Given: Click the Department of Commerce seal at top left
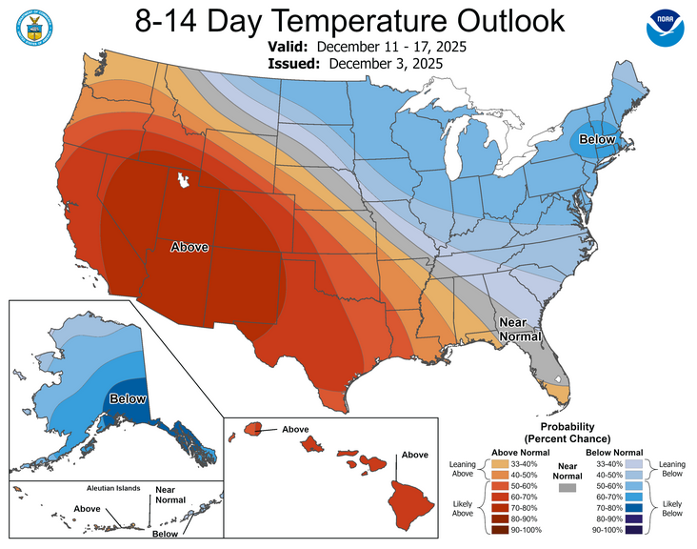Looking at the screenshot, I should pos(33,29).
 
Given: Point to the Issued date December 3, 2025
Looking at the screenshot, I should pos(386,63).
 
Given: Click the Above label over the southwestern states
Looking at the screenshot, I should pos(189,247).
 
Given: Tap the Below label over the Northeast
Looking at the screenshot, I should pos(599,140).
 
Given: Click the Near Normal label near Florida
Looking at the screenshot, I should pos(520,329).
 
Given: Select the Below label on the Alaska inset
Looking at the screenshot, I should pos(126,398).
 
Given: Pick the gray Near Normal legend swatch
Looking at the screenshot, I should pos(568,486).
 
